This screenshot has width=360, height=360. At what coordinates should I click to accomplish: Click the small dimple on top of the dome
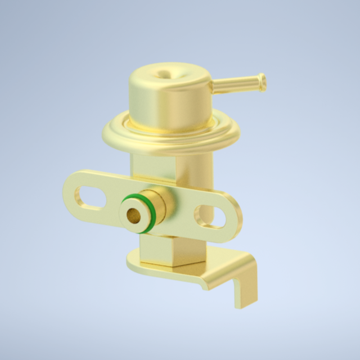pyautogui.click(x=164, y=73)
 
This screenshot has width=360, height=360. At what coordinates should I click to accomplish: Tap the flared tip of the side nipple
pyautogui.click(x=262, y=82)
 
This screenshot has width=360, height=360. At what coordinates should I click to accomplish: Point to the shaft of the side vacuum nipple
pyautogui.click(x=236, y=85)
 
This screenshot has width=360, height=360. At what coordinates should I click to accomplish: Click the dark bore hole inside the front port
pyautogui.click(x=133, y=214)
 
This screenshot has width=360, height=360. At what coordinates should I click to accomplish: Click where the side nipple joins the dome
pyautogui.click(x=213, y=88)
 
